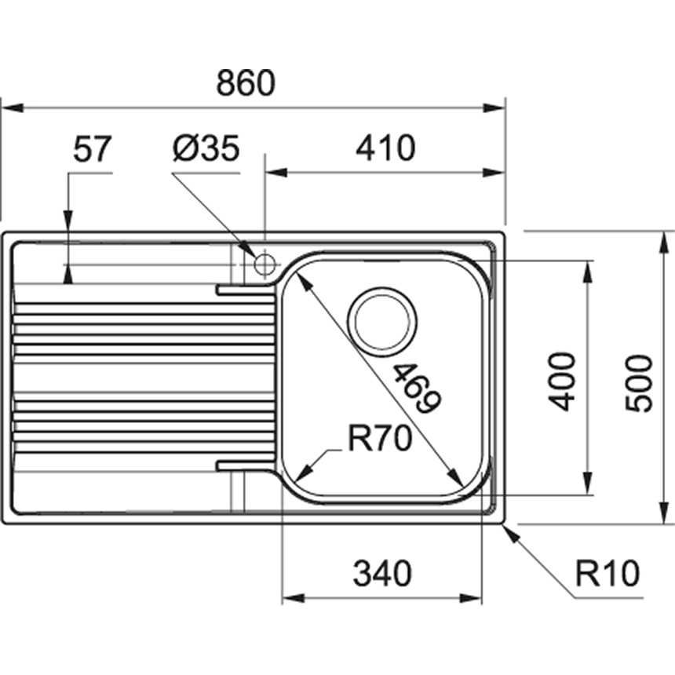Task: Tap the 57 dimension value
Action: [x=93, y=148]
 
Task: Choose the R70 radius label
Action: [x=379, y=441]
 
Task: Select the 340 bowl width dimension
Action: [x=382, y=575]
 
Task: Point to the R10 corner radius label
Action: [x=607, y=575]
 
